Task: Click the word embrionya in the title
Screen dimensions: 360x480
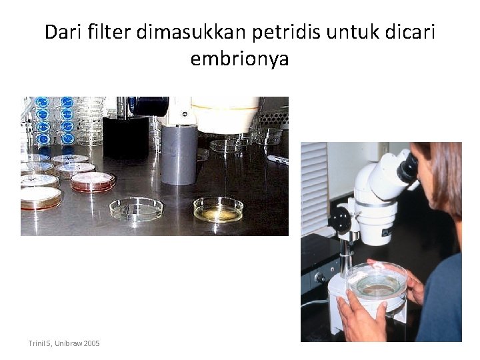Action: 239,59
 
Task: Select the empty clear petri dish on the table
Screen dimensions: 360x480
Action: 136,209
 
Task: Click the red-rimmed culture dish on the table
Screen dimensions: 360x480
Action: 93,181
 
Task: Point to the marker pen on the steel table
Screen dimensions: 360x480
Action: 277,159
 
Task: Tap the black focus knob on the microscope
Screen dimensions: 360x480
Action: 341,219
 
